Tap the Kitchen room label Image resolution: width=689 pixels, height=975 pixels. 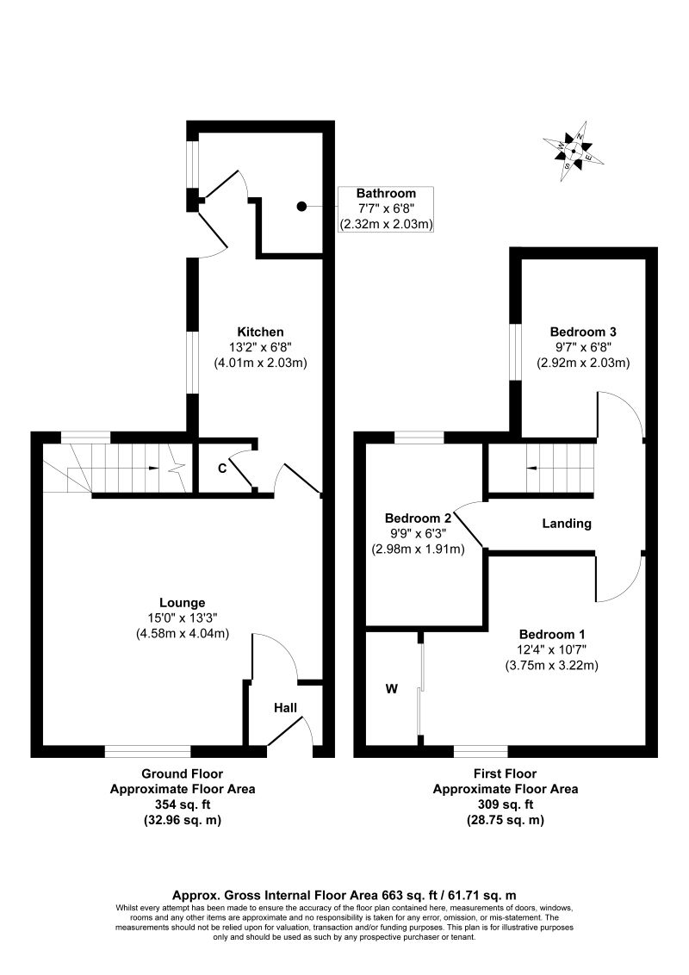tap(260, 332)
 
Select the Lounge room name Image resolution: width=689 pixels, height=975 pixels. tap(182, 602)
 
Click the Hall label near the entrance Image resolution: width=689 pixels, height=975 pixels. tap(285, 708)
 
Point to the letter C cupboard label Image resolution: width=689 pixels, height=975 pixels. tap(221, 469)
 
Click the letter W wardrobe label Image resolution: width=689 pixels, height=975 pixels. tap(391, 689)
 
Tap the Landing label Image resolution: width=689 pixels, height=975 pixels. tap(566, 523)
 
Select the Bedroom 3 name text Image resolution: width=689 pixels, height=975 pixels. tap(583, 332)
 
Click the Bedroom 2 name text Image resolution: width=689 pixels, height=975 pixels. tap(418, 519)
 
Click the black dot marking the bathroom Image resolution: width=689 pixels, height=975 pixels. tap(301, 206)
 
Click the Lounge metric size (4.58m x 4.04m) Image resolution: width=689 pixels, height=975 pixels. tap(182, 634)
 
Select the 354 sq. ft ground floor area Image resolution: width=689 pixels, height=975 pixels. tap(182, 804)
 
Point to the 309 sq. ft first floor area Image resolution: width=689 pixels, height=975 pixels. tap(505, 804)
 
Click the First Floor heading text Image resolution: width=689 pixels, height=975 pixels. tap(505, 773)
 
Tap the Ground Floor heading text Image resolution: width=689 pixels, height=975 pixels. tap(182, 773)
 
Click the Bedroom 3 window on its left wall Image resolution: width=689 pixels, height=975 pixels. tap(514, 351)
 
